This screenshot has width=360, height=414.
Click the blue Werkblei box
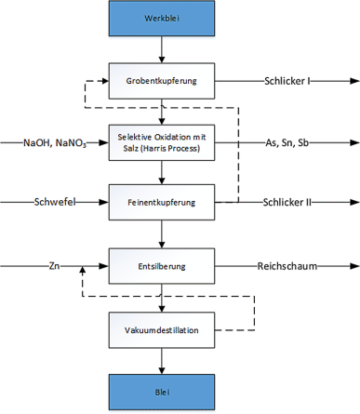tap(164, 19)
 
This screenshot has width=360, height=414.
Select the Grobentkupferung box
tap(164, 81)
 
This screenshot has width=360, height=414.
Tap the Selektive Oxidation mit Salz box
tap(164, 143)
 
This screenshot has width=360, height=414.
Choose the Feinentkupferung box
tap(164, 200)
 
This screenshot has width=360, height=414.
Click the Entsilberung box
tap(164, 266)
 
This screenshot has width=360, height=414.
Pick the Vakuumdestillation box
tap(164, 328)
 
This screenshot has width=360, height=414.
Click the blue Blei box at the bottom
tap(164, 391)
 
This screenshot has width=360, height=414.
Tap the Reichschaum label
tap(287, 266)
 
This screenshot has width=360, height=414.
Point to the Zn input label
tap(55, 266)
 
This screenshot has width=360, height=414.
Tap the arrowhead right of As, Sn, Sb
tap(353, 143)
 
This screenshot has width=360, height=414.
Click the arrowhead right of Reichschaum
tap(353, 266)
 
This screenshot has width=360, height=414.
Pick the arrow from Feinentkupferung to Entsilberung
tap(164, 234)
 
